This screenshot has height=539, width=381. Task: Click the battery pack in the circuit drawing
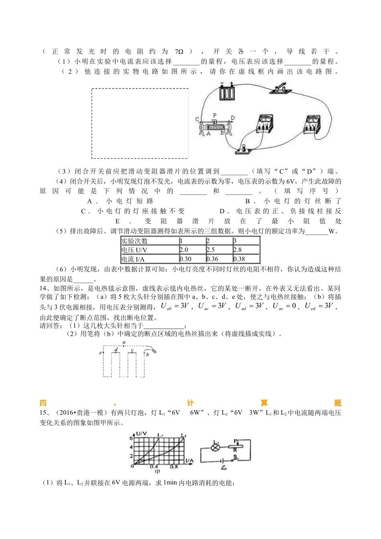click(227, 92)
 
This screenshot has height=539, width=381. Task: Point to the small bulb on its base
click(243, 148)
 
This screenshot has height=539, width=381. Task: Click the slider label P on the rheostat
click(215, 115)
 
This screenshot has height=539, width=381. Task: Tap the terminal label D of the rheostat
click(233, 118)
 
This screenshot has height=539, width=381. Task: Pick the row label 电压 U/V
click(134, 250)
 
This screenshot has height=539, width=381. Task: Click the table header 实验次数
click(135, 241)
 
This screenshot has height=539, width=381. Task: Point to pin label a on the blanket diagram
click(124, 343)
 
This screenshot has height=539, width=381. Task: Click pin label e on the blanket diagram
click(100, 353)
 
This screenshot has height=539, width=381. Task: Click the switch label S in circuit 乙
click(235, 456)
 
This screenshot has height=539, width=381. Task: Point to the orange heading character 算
click(264, 403)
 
